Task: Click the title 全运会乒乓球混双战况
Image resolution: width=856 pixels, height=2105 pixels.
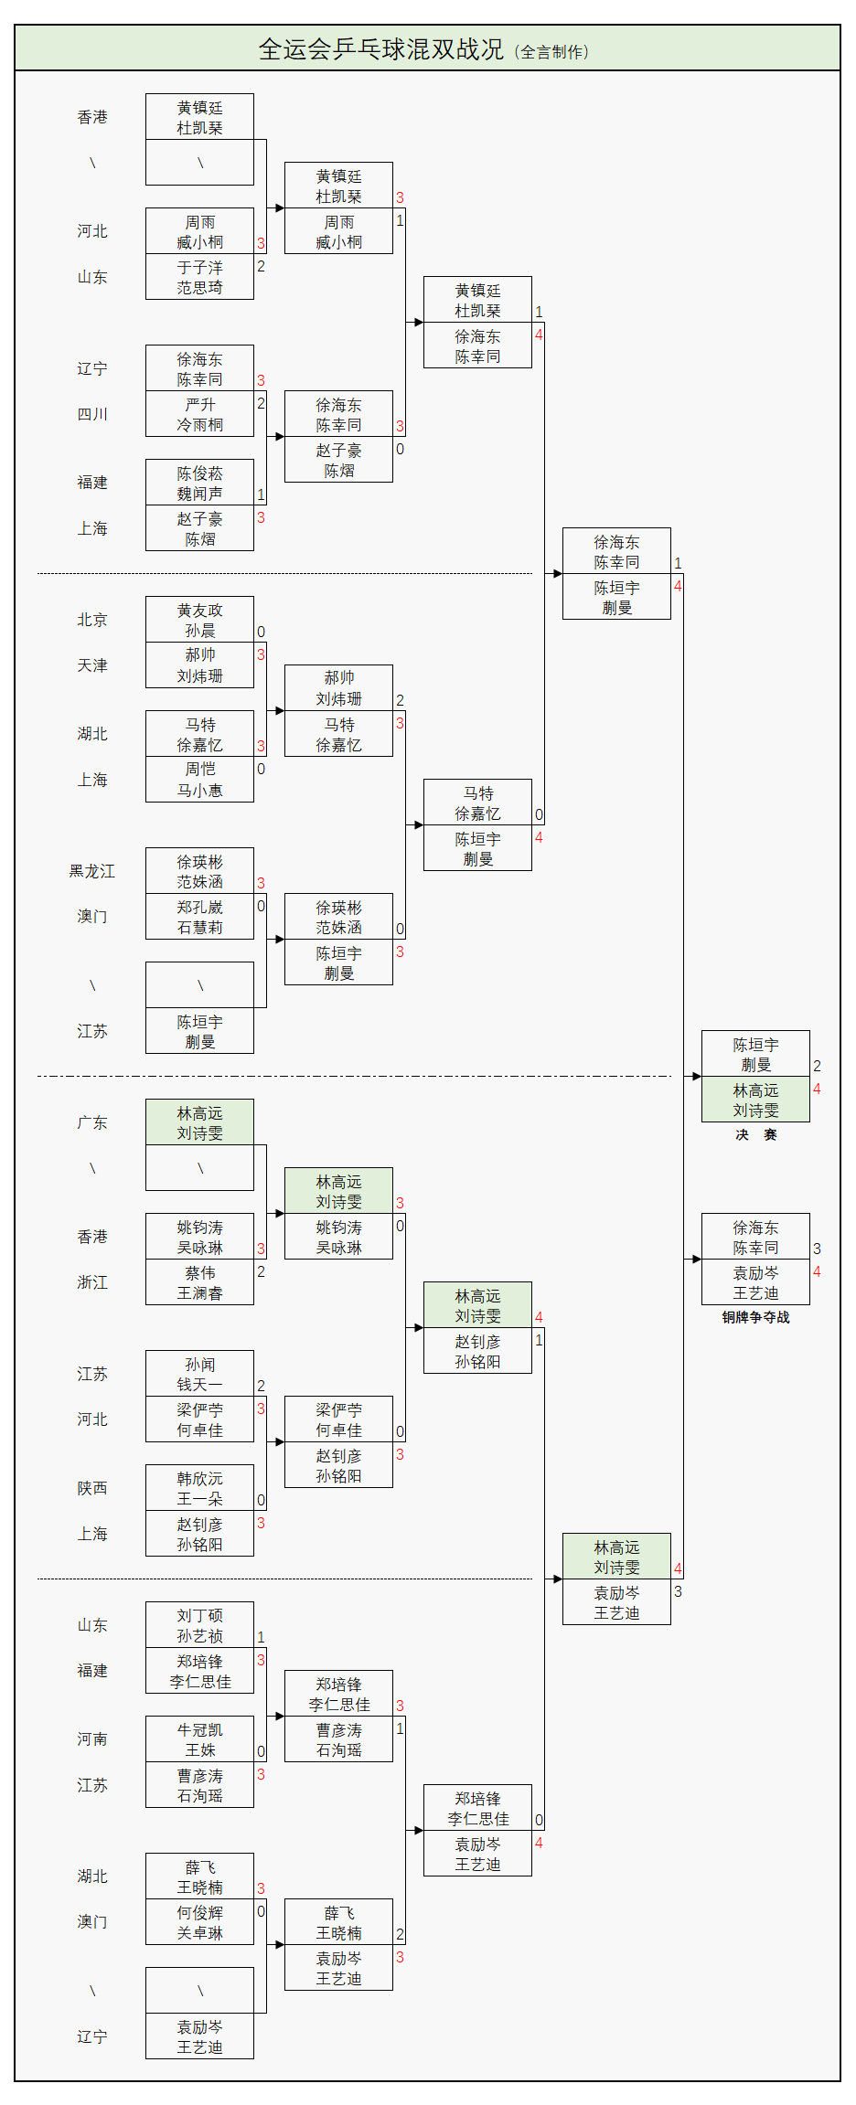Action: pyautogui.click(x=380, y=49)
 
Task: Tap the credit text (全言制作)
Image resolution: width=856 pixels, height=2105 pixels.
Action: pyautogui.click(x=551, y=52)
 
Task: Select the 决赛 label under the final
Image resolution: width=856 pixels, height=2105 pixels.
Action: pyautogui.click(x=755, y=1134)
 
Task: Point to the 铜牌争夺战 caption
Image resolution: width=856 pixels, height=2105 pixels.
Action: pyautogui.click(x=755, y=1317)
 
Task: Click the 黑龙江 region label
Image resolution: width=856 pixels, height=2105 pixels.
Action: pyautogui.click(x=92, y=871)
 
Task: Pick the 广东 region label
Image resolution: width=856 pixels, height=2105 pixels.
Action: pyautogui.click(x=92, y=1122)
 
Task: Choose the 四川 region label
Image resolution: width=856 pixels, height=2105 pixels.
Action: pyautogui.click(x=92, y=414)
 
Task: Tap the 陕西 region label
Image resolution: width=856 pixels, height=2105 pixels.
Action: pyautogui.click(x=92, y=1488)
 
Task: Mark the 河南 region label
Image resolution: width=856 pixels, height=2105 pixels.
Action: pyautogui.click(x=92, y=1739)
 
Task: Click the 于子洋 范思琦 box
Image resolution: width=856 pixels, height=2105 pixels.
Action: pyautogui.click(x=199, y=277)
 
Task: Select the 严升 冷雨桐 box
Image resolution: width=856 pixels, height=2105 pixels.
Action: pyautogui.click(x=199, y=414)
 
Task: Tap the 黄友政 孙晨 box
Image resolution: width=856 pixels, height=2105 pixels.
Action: pyautogui.click(x=199, y=620)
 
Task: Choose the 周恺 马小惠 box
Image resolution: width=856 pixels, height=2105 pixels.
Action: pyautogui.click(x=199, y=780)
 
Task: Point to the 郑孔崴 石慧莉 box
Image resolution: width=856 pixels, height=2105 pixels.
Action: pyautogui.click(x=199, y=917)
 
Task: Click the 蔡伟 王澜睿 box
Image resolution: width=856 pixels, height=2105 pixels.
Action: pyautogui.click(x=199, y=1282)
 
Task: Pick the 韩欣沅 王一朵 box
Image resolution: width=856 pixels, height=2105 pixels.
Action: pyautogui.click(x=199, y=1488)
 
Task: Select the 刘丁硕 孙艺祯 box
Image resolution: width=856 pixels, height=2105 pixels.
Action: pyautogui.click(x=199, y=1625)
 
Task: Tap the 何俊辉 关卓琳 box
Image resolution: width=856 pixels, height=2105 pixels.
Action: pyautogui.click(x=199, y=1922)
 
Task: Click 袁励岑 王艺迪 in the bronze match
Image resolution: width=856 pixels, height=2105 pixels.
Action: pyautogui.click(x=755, y=1282)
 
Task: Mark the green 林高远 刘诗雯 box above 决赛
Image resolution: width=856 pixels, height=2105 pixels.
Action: pyautogui.click(x=755, y=1100)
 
